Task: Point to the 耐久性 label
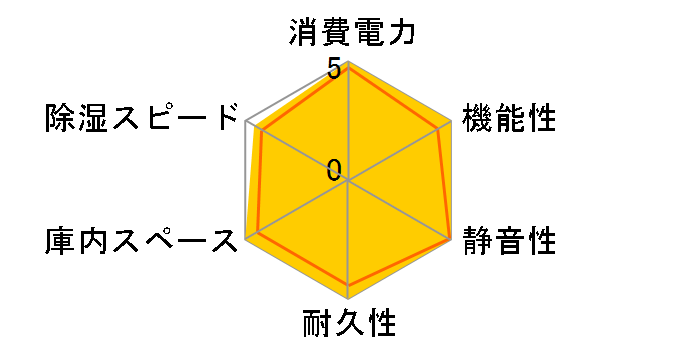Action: (349, 325)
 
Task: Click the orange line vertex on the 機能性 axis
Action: (440, 128)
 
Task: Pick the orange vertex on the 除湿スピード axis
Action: (260, 131)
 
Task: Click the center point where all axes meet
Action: (348, 181)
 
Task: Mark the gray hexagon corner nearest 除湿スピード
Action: (247, 122)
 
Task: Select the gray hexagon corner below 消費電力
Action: (348, 63)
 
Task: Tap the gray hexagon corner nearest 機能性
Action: (450, 122)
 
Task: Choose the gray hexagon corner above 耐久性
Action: (348, 298)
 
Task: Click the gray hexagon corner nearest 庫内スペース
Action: (247, 239)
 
